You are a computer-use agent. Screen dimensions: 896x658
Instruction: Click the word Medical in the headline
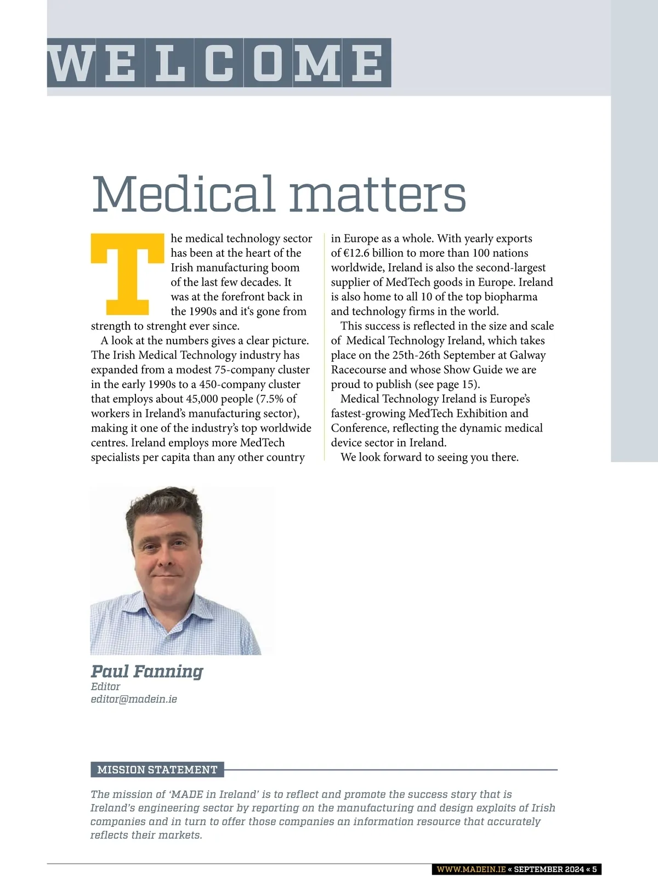[183, 194]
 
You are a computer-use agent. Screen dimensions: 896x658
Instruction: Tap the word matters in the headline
[378, 195]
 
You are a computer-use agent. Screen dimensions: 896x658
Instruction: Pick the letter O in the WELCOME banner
[268, 63]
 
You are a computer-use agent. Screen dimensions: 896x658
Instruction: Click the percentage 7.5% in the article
[271, 399]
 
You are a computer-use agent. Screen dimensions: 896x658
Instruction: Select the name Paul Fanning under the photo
[147, 671]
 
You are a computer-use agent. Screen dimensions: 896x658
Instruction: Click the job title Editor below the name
[105, 687]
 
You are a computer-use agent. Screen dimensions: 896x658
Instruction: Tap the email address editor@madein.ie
[134, 699]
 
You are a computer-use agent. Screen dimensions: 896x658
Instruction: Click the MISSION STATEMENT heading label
[157, 770]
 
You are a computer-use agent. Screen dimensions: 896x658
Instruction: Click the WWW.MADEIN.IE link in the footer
[470, 869]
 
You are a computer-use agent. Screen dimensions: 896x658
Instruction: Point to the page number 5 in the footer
[594, 869]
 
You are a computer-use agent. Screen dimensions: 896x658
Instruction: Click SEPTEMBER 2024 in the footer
[548, 869]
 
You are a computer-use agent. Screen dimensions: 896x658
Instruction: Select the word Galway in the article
[527, 355]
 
